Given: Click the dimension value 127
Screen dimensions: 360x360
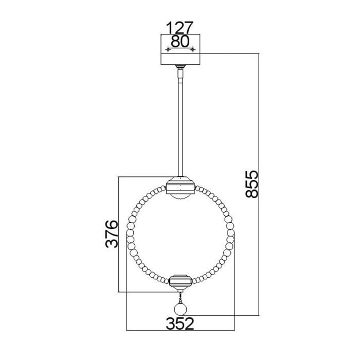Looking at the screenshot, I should click(179, 27).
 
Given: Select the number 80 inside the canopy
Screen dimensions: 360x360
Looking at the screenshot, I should click(179, 42).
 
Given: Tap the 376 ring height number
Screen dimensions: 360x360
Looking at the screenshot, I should click(113, 234).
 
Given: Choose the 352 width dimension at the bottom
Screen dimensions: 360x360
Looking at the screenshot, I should click(179, 323).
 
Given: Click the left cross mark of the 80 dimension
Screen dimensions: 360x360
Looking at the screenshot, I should click(167, 50).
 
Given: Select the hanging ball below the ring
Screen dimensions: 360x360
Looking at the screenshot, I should click(180, 309).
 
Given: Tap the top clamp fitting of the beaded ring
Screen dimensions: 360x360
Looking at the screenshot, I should click(180, 184).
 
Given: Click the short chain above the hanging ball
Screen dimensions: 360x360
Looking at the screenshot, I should click(180, 297).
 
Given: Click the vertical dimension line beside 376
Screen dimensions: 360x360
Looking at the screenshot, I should click(119, 234).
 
